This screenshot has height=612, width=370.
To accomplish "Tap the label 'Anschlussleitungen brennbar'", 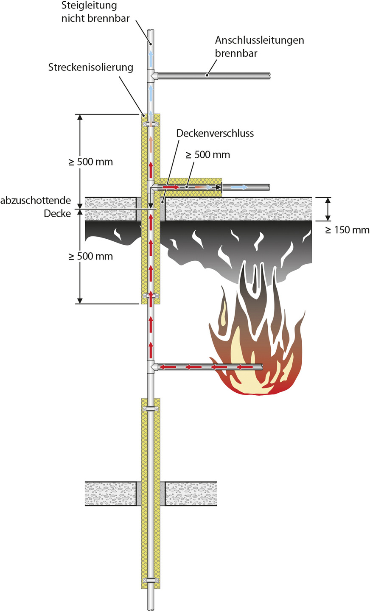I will tap(259, 46).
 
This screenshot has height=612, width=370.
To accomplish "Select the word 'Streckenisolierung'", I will tap(91, 67).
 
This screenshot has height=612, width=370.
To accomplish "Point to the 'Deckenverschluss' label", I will tap(215, 133).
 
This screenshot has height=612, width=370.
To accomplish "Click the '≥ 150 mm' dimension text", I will tap(348, 230).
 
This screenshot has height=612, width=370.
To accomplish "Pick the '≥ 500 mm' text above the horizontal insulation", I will tap(208, 155).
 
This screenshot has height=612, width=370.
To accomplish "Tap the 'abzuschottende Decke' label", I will tap(36, 207).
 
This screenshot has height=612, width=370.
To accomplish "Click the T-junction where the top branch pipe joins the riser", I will tap(151, 76).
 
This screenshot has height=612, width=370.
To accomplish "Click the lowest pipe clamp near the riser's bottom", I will tap(151, 580).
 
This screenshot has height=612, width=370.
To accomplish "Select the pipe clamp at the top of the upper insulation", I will tap(151, 125).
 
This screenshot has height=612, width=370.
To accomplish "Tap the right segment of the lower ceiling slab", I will tap(191, 494).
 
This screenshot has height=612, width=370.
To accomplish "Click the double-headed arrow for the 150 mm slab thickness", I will tap(328, 209).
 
